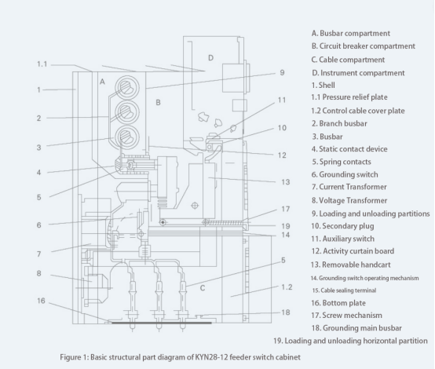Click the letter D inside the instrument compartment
pyautogui.click(x=211, y=58)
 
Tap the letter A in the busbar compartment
pyautogui.click(x=102, y=82)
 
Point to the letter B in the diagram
pyautogui.click(x=158, y=103)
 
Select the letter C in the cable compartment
pyautogui.click(x=203, y=288)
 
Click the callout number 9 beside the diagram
pyautogui.click(x=282, y=73)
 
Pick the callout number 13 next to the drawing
pyautogui.click(x=286, y=182)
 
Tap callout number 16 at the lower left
pyautogui.click(x=41, y=301)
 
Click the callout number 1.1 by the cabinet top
pyautogui.click(x=42, y=64)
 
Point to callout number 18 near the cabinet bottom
pyautogui.click(x=286, y=312)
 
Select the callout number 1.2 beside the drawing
pyautogui.click(x=287, y=287)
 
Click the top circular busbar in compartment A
pyautogui.click(x=127, y=87)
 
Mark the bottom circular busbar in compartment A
pyautogui.click(x=127, y=137)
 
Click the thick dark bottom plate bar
pyautogui.click(x=162, y=323)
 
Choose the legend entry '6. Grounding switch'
pyautogui.click(x=345, y=174)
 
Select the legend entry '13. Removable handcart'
pyautogui.click(x=351, y=265)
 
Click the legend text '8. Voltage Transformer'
pyautogui.click(x=349, y=200)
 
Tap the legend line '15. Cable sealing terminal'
pyautogui.click(x=344, y=290)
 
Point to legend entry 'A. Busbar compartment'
pyautogui.click(x=351, y=33)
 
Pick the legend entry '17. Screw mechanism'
pyautogui.click(x=346, y=316)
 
